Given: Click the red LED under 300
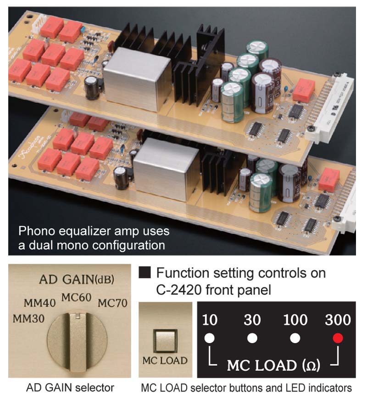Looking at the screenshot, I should tap(338, 339).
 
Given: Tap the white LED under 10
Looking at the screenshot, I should tap(210, 339).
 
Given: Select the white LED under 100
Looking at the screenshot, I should tap(295, 339).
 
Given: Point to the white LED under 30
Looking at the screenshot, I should tap(252, 339).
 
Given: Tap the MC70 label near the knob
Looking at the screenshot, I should tap(112, 303).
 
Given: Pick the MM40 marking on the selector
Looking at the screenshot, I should tap(40, 303).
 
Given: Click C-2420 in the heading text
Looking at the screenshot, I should tap(177, 290).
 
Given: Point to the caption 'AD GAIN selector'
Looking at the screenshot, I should tap(69, 388).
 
